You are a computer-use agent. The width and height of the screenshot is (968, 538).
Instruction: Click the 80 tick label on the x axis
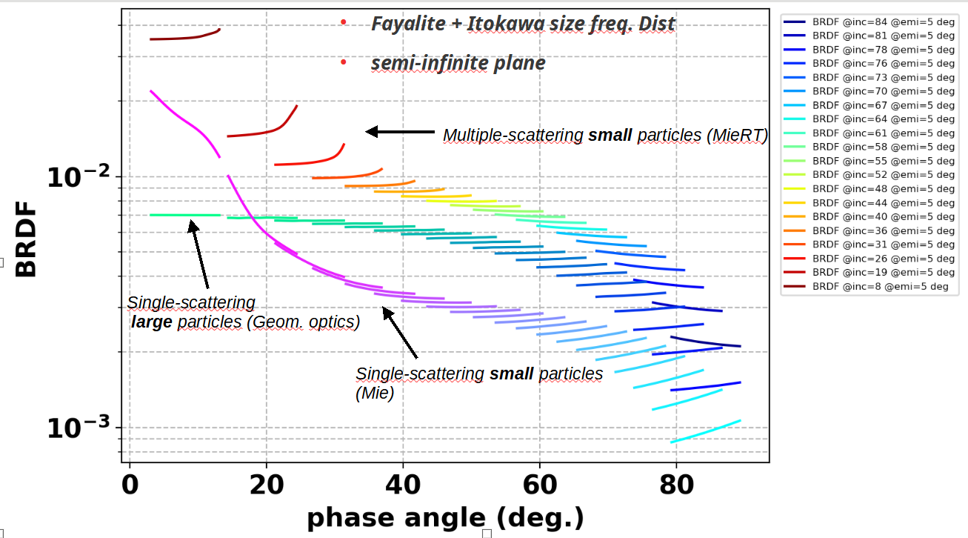point(676,485)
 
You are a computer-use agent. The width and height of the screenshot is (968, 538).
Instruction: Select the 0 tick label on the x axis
point(130,485)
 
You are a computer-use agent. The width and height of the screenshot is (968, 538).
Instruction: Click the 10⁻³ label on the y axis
point(78,428)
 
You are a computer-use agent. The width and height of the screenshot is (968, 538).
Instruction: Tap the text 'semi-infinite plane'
point(458,63)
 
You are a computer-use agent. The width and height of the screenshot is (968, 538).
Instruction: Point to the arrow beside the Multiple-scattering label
point(400,132)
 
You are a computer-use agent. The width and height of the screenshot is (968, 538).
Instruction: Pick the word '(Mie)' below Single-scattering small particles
point(375,393)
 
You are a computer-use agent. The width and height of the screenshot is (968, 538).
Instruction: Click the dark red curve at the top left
point(184,36)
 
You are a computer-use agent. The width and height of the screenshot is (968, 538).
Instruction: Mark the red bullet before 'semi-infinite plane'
point(344,62)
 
